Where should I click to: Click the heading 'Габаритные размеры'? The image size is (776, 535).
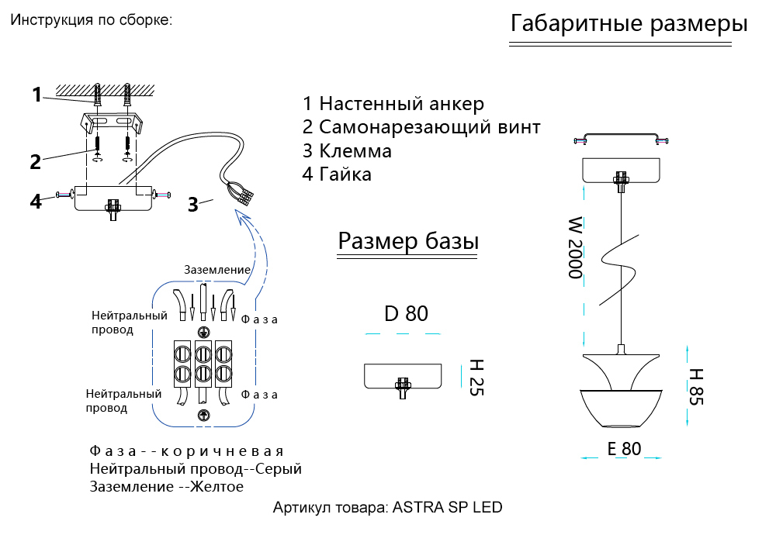629,24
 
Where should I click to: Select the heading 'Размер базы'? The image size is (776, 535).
408,242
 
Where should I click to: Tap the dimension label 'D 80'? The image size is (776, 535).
406,314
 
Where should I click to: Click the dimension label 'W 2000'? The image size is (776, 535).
574,247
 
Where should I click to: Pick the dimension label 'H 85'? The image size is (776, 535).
695,385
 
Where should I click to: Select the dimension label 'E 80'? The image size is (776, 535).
625,448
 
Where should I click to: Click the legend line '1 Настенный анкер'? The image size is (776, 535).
393,104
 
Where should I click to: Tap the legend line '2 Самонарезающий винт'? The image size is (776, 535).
421,127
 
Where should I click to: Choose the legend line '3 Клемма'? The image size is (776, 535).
347,150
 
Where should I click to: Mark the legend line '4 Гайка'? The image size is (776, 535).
337,174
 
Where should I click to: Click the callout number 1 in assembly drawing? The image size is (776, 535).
36,95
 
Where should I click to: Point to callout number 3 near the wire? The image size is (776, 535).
192,205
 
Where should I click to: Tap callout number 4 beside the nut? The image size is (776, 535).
35,201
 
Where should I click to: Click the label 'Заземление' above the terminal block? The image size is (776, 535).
217,270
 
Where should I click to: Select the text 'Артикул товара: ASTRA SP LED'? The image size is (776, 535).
387,509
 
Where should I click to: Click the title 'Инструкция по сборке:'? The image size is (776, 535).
91,20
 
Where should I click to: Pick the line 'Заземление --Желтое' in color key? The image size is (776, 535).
166,487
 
